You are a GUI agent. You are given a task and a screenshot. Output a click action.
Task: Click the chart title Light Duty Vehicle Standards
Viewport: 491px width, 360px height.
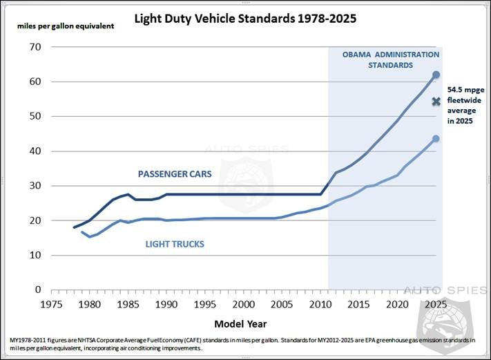245,19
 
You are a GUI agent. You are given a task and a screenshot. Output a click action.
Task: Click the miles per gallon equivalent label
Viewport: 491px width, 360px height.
66,26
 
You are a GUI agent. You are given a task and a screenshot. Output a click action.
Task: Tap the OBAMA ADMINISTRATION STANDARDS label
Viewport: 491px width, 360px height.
390,59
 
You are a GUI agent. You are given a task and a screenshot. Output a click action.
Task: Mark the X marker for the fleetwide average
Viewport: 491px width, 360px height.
436,102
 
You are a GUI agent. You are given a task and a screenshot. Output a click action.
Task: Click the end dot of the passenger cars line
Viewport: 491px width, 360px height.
436,75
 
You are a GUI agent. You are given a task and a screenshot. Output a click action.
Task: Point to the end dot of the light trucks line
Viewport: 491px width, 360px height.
436,139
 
